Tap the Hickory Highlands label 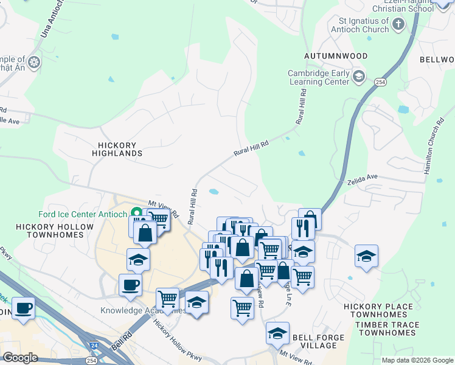pos(119,149)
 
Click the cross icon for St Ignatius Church pos(398,24)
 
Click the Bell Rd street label pos(122,341)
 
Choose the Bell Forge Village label pos(314,341)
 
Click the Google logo pos(20,357)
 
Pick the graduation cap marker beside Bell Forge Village pos(277,333)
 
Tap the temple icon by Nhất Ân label pos(35,61)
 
